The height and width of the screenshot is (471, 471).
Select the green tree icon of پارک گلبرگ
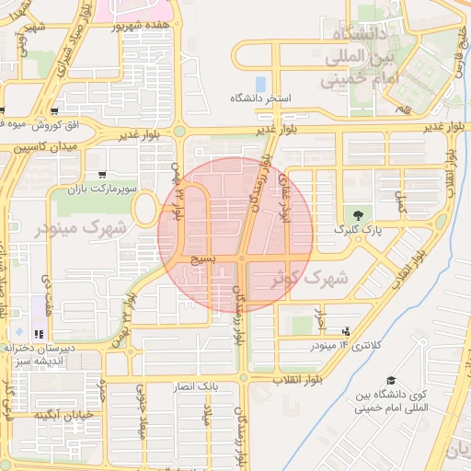click(x=359, y=215)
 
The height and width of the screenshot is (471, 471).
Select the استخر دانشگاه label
click(x=261, y=98)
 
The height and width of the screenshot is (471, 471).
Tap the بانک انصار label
click(x=197, y=388)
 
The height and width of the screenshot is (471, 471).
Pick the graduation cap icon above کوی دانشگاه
click(x=390, y=381)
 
